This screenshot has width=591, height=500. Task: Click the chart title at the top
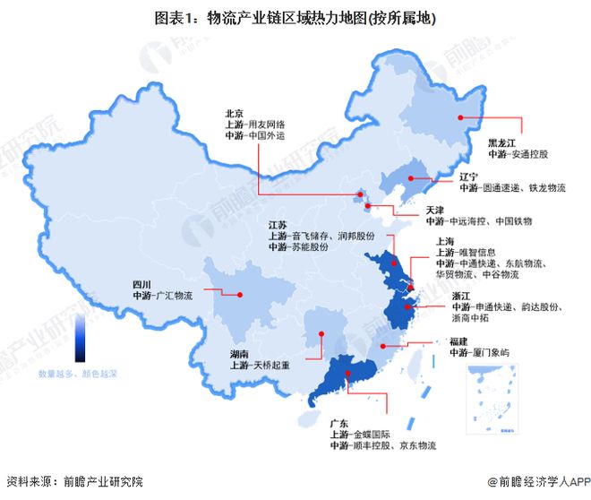click(x=295, y=17)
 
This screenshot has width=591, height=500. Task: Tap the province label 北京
click(x=235, y=114)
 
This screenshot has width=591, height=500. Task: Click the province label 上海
click(x=445, y=241)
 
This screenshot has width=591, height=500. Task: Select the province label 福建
click(x=459, y=341)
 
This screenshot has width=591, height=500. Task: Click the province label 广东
click(x=339, y=421)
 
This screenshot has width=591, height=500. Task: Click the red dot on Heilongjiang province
click(x=460, y=116)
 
